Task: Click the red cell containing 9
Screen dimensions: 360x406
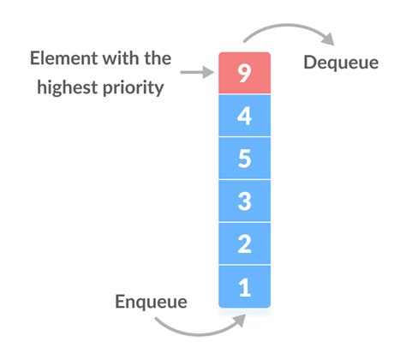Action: (244, 73)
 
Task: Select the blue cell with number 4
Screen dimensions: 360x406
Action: (244, 116)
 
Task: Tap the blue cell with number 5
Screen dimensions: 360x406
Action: (244, 159)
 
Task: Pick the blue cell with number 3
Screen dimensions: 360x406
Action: (244, 201)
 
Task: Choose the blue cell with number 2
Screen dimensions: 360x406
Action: (244, 244)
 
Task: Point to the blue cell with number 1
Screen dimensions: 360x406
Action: (244, 287)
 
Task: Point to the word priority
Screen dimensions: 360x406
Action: (136, 87)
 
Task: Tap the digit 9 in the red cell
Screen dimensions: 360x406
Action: (244, 73)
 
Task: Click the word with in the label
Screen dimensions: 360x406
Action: (124, 59)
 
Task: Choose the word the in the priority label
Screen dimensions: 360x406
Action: (158, 59)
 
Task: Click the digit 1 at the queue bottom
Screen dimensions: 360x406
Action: (244, 287)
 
